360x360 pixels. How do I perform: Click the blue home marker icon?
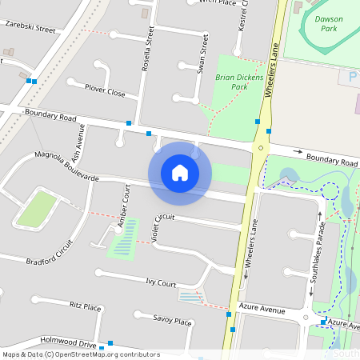tap(180, 171)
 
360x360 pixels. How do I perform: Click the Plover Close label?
tap(106, 93)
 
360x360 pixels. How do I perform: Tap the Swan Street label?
tap(204, 54)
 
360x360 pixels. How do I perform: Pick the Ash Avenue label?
tap(76, 144)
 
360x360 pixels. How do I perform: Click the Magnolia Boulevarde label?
tap(66, 166)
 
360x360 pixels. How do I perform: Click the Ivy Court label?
tap(161, 282)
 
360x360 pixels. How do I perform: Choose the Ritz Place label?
tap(86, 306)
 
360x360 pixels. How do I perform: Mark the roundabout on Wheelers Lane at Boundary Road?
tap(260, 148)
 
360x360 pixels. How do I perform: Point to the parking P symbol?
tap(352, 76)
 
